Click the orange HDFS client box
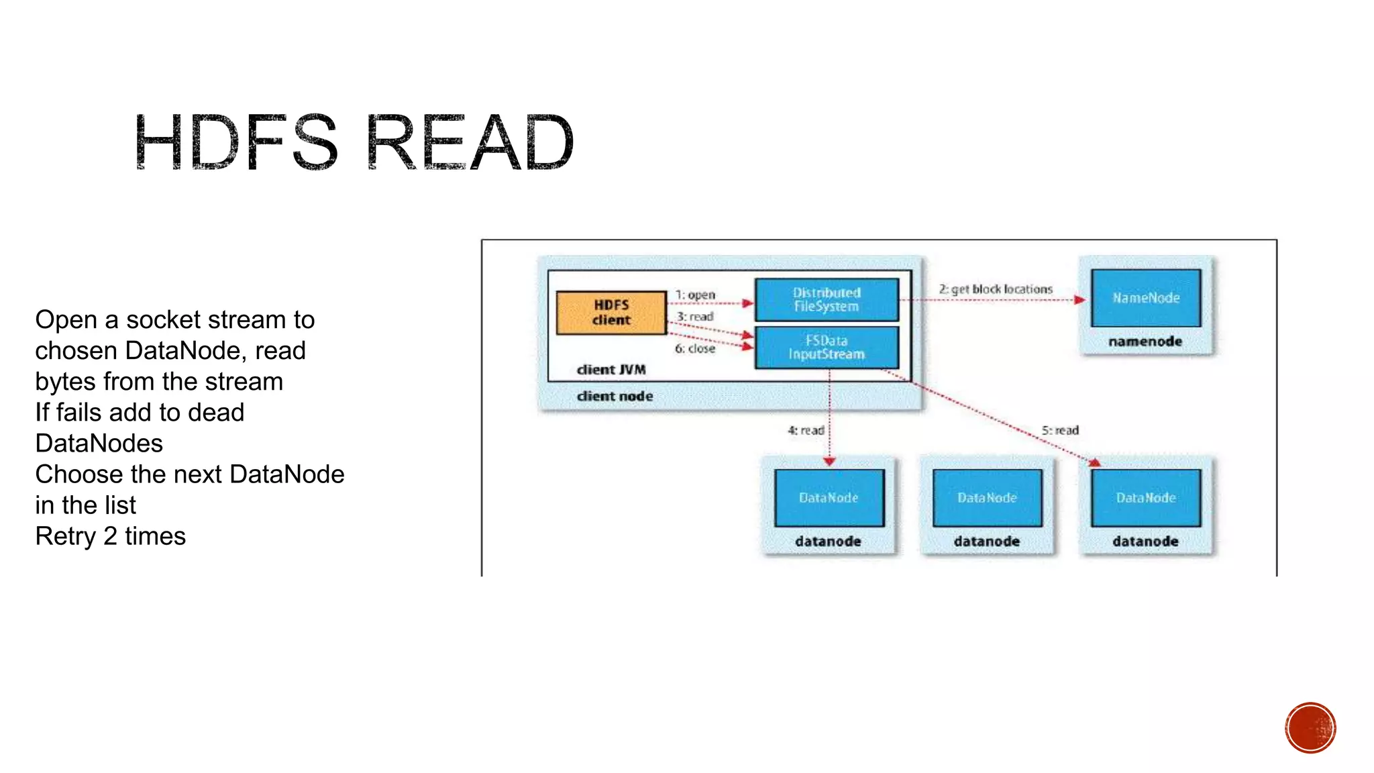[611, 313]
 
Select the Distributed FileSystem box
[826, 300]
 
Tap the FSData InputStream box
[826, 348]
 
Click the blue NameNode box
[1145, 298]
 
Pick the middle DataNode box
[987, 498]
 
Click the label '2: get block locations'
[996, 289]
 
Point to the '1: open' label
[695, 295]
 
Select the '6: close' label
[695, 349]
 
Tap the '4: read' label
[806, 430]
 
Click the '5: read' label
[1060, 430]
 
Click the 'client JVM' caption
[611, 370]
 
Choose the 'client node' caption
[615, 397]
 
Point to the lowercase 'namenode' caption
[1145, 342]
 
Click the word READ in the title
[470, 142]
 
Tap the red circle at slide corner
[1310, 728]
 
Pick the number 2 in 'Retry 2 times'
[110, 536]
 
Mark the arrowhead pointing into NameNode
[1079, 300]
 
